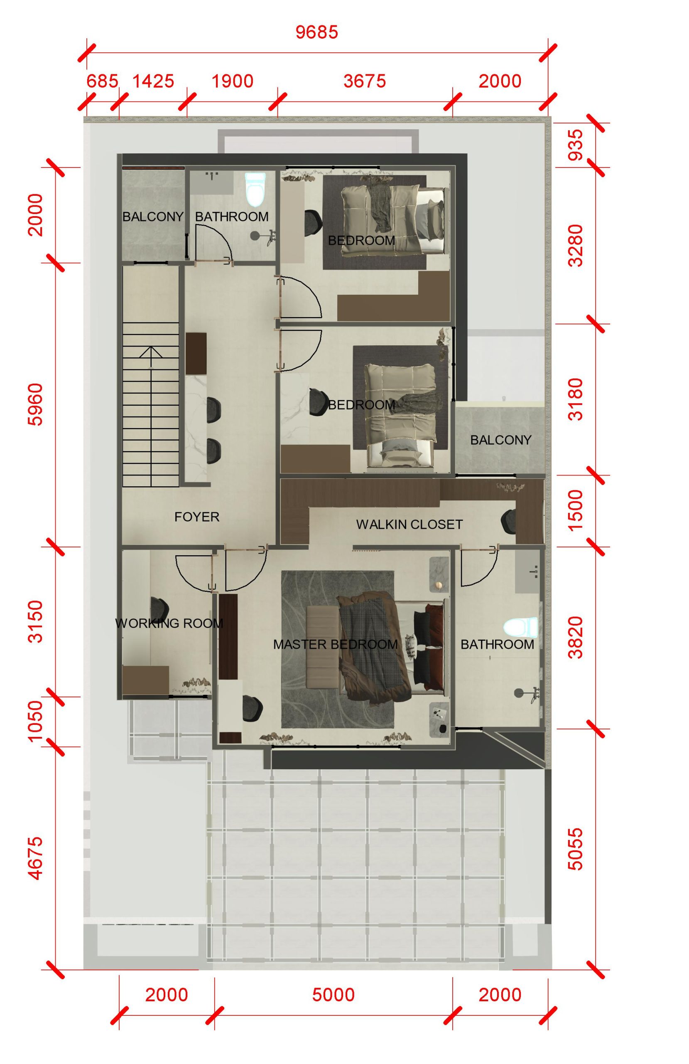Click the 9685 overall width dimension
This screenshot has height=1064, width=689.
[x=317, y=32]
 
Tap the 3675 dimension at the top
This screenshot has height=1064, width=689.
[x=365, y=81]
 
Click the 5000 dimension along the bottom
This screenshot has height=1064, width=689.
[x=333, y=995]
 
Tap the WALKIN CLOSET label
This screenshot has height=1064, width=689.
[x=409, y=525]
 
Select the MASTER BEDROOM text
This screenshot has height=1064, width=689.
[x=335, y=644]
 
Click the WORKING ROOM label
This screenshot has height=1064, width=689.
[x=169, y=623]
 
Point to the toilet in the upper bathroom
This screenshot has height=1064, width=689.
[x=255, y=188]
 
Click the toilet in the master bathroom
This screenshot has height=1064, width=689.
[x=520, y=627]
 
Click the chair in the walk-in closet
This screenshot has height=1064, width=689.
[x=508, y=522]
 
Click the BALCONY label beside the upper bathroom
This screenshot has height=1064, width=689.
[x=153, y=217]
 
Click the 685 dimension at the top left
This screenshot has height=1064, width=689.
[x=102, y=81]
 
